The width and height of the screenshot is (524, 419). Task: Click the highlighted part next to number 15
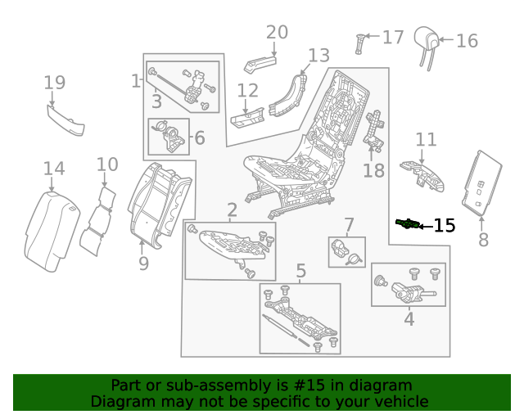407,223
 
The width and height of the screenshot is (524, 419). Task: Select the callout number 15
444,226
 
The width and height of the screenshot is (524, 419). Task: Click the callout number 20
277,32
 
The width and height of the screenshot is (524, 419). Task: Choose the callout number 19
54,83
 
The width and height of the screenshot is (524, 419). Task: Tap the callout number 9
143,264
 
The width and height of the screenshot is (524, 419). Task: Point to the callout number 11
426,139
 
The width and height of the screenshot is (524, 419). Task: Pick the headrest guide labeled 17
359,41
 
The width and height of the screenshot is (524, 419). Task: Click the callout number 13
318,56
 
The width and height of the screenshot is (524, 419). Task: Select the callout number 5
300,271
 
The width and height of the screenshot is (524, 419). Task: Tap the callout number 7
349,224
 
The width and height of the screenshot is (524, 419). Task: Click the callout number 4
409,320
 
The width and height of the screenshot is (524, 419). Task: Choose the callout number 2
232,209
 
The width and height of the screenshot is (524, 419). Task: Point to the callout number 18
373,170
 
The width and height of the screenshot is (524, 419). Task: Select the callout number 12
247,91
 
